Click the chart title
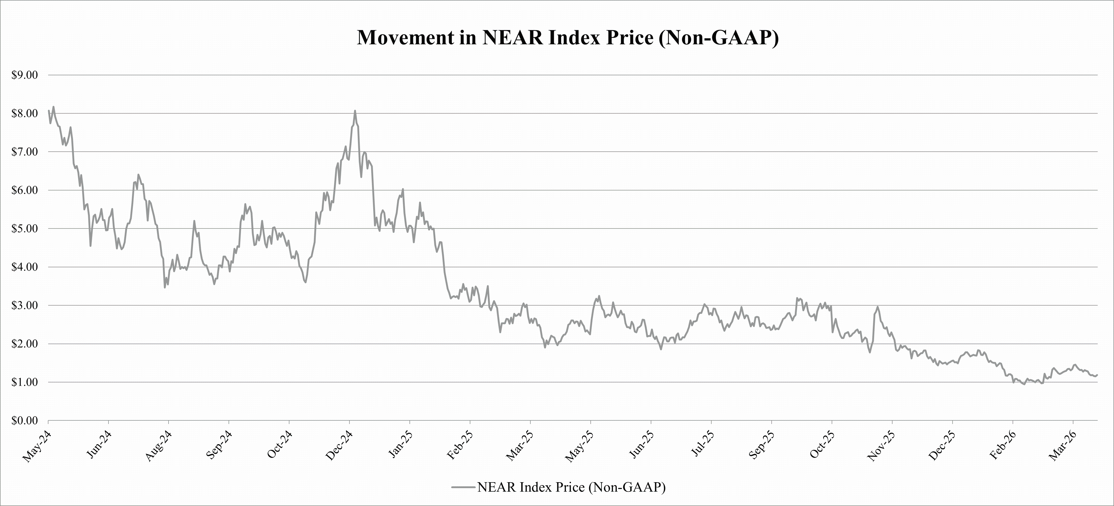pyautogui.click(x=567, y=38)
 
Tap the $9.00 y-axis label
pyautogui.click(x=24, y=75)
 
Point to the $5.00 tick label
pyautogui.click(x=24, y=229)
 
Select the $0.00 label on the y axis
pyautogui.click(x=24, y=420)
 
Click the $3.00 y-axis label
pyautogui.click(x=24, y=306)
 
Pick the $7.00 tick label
pyautogui.click(x=24, y=152)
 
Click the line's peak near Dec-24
pyautogui.click(x=355, y=111)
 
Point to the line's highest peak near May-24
pyautogui.click(x=53, y=107)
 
